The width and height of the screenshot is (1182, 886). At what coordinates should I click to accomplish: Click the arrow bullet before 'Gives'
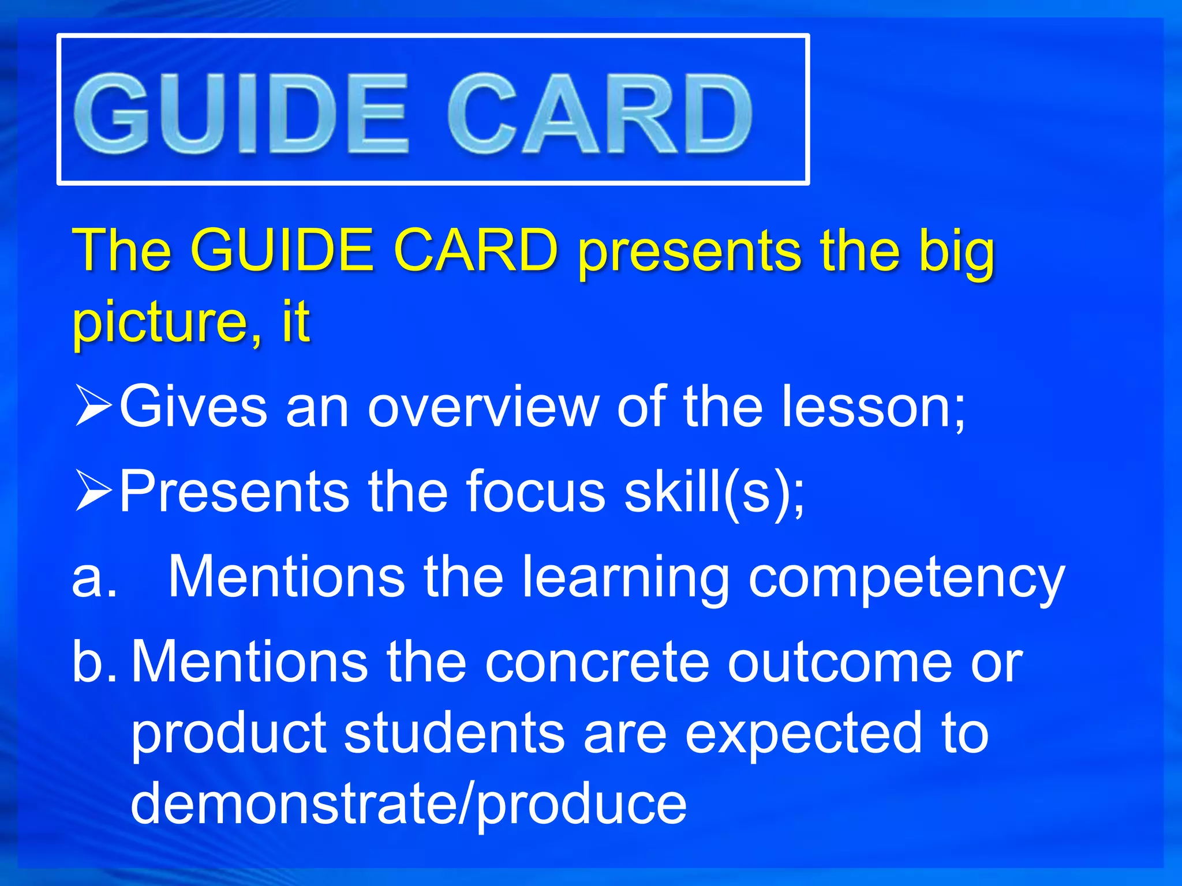pyautogui.click(x=93, y=406)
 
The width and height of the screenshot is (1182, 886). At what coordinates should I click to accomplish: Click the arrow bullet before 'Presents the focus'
pyautogui.click(x=93, y=490)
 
